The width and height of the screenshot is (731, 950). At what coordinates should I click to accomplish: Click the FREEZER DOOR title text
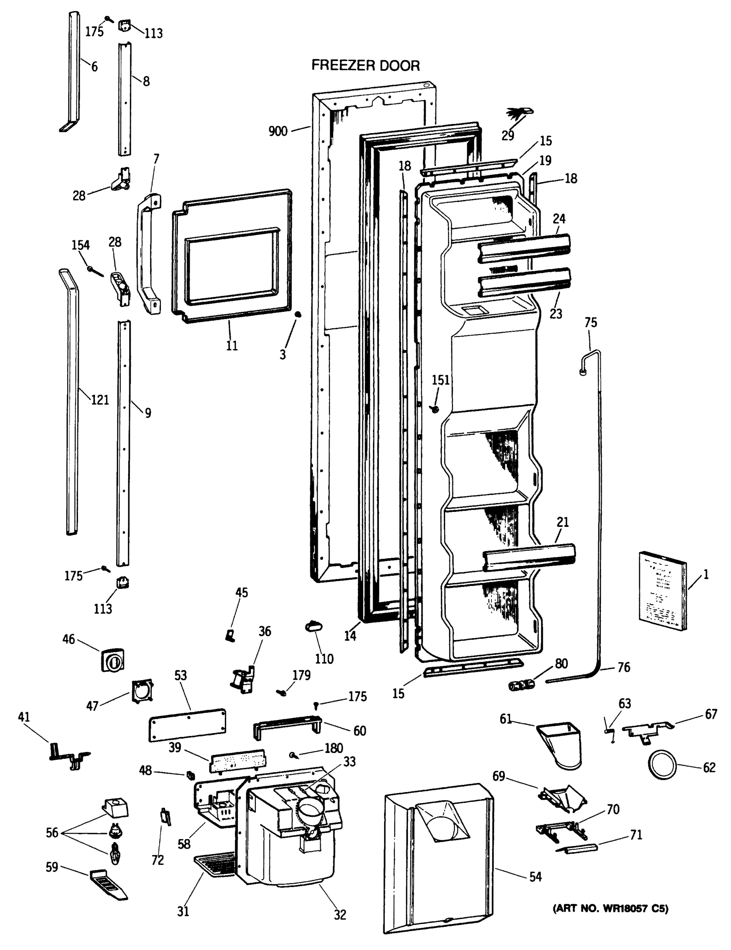point(365,65)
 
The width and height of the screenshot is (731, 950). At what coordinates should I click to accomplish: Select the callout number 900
point(278,131)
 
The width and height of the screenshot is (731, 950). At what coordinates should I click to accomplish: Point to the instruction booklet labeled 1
point(662,591)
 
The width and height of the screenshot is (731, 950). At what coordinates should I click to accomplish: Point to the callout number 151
point(440,380)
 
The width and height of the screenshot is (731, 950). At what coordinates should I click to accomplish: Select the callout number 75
point(591,322)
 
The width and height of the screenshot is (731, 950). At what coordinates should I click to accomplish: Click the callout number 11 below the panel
point(232,346)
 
